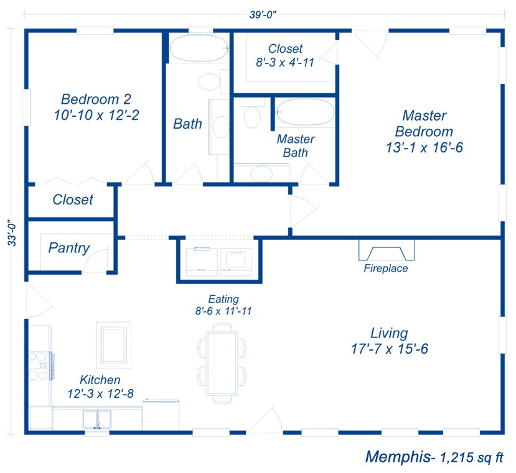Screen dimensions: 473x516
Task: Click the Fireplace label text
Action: (386, 269)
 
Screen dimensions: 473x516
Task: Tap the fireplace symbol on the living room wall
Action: (387, 250)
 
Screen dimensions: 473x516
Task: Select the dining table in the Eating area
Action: (222, 364)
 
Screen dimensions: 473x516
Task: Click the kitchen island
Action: (113, 344)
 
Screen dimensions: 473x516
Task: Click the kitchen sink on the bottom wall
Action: (96, 420)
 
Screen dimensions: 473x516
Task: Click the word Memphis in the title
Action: (397, 457)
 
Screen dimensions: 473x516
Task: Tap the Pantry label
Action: (69, 248)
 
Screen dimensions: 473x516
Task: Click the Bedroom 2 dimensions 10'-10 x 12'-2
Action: (96, 115)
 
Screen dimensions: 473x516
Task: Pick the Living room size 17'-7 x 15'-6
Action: (389, 349)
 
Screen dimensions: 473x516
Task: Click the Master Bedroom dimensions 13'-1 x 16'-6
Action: (425, 148)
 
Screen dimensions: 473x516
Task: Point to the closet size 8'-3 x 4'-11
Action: (285, 63)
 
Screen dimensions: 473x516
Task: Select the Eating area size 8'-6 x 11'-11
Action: (223, 311)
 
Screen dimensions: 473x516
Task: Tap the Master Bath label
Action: (296, 146)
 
